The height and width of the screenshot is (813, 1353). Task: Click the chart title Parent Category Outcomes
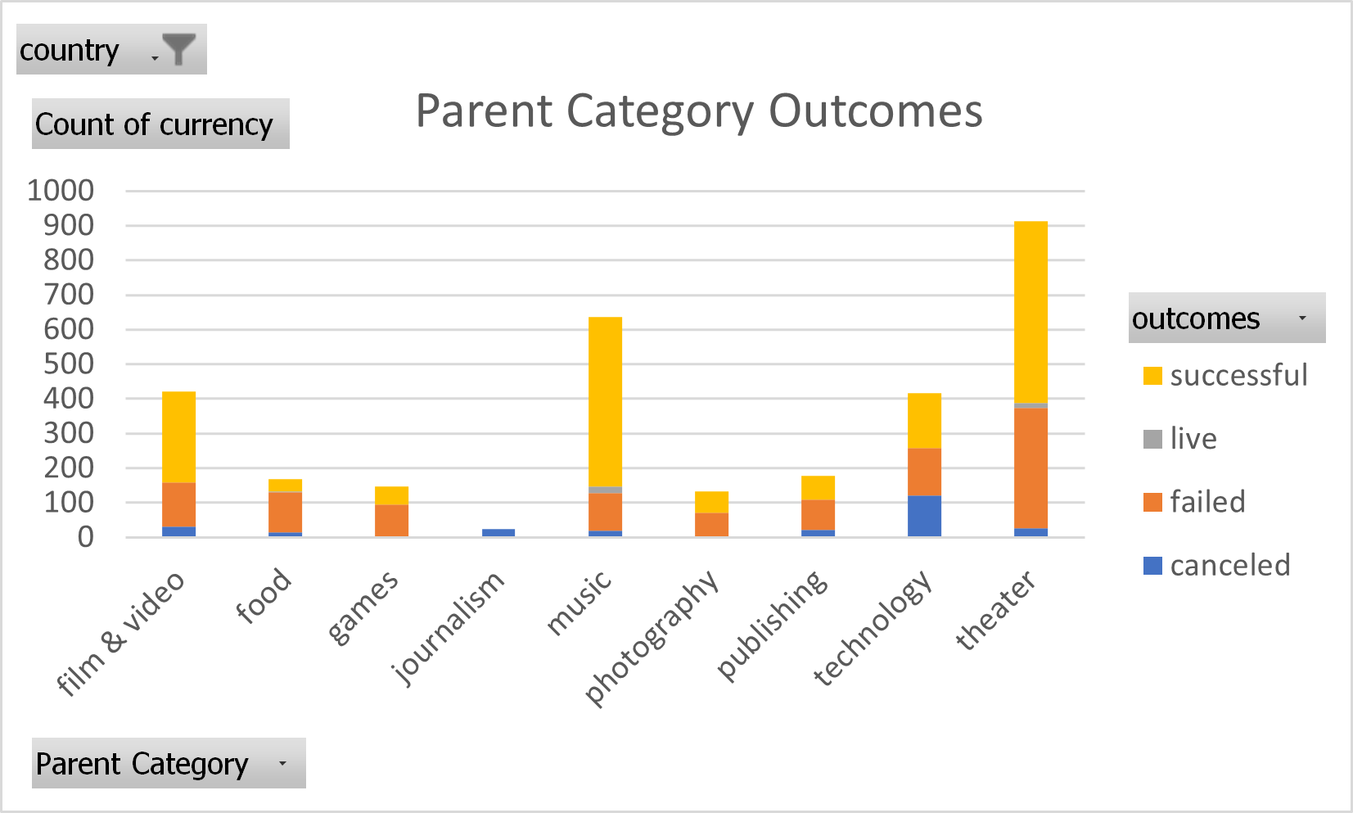[698, 111]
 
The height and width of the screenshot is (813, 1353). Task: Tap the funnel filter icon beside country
[178, 50]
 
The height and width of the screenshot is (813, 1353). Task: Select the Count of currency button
[160, 124]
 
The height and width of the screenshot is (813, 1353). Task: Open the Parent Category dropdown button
[168, 763]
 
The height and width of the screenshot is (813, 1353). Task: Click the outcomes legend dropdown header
[1226, 318]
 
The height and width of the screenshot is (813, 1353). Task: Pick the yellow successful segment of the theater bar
[1031, 311]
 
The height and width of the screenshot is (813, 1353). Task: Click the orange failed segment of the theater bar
[1031, 467]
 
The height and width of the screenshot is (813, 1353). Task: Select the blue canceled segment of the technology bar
[924, 516]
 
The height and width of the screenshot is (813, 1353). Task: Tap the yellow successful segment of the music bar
[605, 401]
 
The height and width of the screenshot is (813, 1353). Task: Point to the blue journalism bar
[498, 533]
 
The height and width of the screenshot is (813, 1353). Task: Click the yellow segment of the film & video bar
[178, 437]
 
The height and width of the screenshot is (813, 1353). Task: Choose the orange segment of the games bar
[391, 520]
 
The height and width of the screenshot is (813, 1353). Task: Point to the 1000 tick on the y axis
[61, 191]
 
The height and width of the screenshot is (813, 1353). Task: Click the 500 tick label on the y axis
[69, 364]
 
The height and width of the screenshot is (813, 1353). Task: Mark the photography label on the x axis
[652, 639]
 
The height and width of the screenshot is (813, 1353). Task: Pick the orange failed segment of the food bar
[285, 513]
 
